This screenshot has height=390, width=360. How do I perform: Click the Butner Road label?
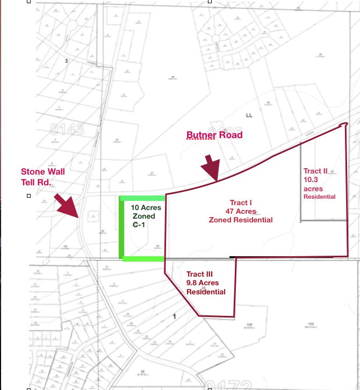click(x=214, y=135)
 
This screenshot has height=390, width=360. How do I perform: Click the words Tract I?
click(x=241, y=203)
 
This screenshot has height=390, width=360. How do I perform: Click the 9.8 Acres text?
click(x=205, y=283)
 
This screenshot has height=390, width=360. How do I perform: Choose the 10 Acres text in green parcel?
click(x=146, y=207)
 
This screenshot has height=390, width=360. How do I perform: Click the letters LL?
click(x=249, y=115)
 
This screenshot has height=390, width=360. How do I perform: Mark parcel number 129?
click(x=249, y=325)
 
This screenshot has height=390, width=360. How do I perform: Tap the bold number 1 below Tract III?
click(x=175, y=316)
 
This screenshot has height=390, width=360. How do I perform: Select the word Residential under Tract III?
click(x=206, y=292)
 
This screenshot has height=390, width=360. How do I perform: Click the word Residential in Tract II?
click(x=320, y=197)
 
